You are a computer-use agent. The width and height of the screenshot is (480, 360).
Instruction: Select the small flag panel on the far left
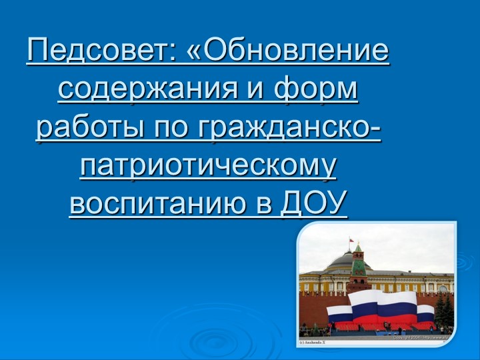(339, 312)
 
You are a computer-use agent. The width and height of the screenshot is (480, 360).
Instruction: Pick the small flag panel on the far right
(425, 312)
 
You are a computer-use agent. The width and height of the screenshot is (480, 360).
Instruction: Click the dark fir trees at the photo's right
(444, 308)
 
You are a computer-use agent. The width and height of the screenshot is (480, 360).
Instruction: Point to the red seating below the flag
(377, 326)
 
